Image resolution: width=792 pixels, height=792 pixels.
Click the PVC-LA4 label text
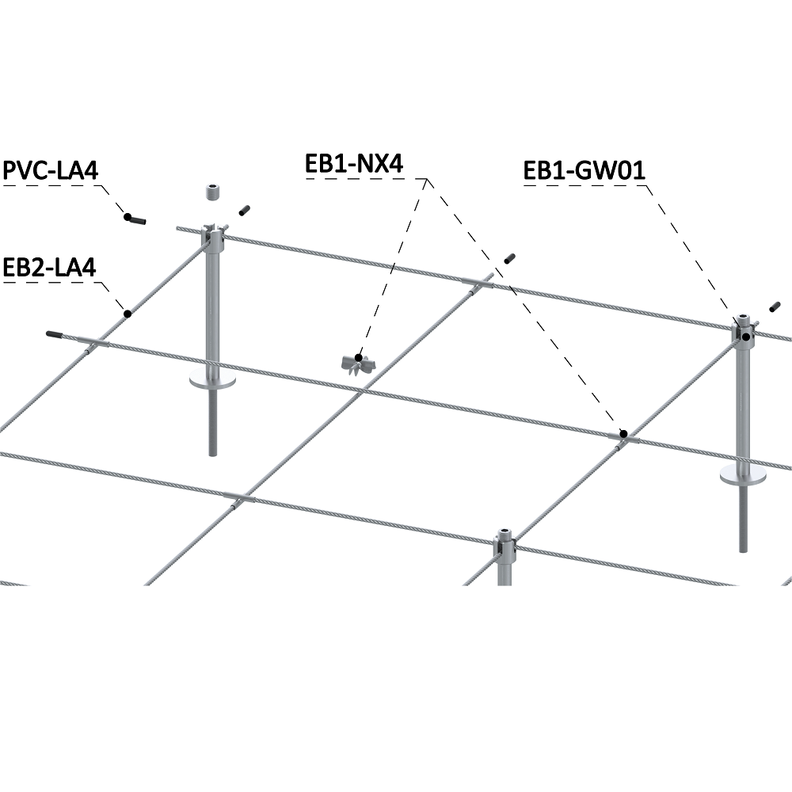tap(55, 172)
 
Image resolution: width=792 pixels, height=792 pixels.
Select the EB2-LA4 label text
tap(50, 267)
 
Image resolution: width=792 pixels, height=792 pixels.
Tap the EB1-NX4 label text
tap(354, 164)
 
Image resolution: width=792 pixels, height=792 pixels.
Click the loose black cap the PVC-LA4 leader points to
tap(135, 219)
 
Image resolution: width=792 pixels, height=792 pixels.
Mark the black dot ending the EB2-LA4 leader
tap(126, 314)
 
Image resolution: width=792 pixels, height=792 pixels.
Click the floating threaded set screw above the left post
tap(211, 192)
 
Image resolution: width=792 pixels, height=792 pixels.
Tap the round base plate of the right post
tap(742, 474)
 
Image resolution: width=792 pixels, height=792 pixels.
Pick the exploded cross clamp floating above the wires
tap(357, 361)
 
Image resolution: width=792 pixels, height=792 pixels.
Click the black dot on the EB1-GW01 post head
tap(746, 337)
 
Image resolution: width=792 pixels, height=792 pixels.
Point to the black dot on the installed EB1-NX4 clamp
tap(623, 433)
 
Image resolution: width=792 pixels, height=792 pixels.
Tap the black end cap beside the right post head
tap(774, 306)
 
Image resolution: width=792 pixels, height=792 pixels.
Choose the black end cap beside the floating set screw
tap(244, 209)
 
